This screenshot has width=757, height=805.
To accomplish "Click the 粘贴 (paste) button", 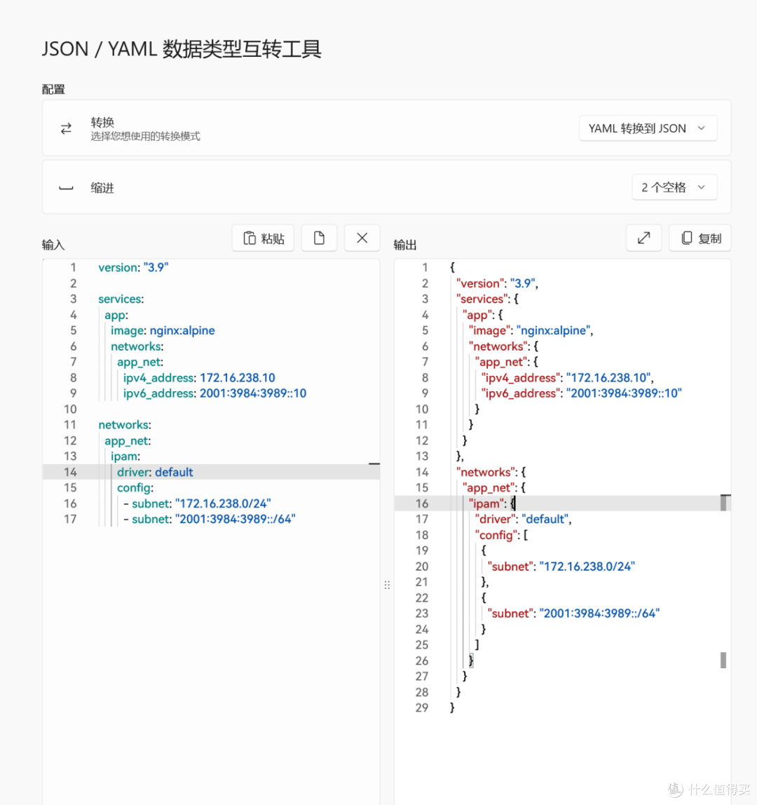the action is (x=263, y=238).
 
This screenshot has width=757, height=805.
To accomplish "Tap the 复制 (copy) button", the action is (x=700, y=238).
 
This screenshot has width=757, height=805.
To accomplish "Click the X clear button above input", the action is (x=362, y=238).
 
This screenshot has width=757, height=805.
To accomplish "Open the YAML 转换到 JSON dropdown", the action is (x=648, y=128).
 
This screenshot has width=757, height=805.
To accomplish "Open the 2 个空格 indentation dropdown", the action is (x=674, y=187).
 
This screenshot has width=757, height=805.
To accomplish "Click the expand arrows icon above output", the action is (x=643, y=238).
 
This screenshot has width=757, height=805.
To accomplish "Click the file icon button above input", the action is (x=319, y=238).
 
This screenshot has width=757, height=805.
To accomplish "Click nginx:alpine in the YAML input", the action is (x=182, y=331).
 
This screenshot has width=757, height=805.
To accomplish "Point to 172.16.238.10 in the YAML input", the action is (x=237, y=378).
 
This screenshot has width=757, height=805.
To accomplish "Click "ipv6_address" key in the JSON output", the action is (x=520, y=393).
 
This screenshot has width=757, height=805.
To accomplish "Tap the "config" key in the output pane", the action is (x=496, y=535).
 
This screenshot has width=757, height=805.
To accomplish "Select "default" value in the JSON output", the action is (x=545, y=519).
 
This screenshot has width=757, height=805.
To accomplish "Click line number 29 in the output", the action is (x=422, y=708).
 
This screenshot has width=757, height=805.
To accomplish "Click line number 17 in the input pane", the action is (x=70, y=519).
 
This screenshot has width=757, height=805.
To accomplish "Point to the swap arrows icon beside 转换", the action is (x=66, y=128).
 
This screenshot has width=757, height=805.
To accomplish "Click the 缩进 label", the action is (x=102, y=188).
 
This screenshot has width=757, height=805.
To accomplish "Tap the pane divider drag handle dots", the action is (x=387, y=585).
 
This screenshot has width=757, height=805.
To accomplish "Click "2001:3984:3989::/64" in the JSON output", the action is (x=599, y=614).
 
